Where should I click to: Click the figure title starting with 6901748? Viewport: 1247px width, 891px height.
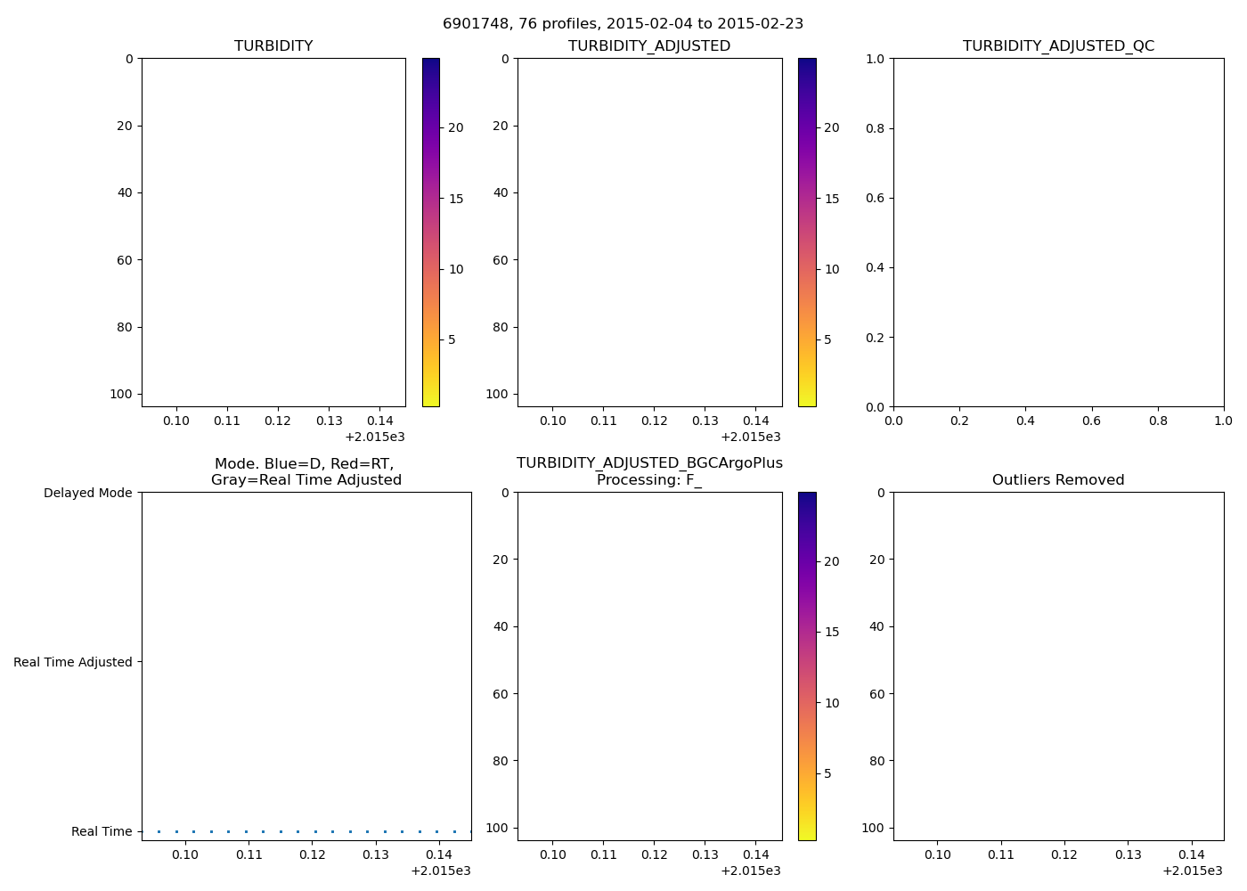click(x=623, y=23)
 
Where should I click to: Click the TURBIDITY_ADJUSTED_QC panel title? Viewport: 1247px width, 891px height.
click(x=1058, y=45)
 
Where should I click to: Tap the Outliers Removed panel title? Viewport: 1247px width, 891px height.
click(x=1058, y=479)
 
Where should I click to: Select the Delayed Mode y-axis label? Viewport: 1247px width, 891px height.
click(x=87, y=493)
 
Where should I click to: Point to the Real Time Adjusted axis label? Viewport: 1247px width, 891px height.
click(x=73, y=662)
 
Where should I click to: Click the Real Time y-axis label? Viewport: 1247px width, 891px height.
click(x=102, y=831)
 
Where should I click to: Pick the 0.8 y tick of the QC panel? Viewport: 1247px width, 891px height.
click(x=876, y=128)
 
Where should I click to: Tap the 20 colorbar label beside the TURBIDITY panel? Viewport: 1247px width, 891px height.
click(x=456, y=127)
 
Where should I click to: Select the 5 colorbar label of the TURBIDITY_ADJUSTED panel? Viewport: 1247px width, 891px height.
click(x=827, y=339)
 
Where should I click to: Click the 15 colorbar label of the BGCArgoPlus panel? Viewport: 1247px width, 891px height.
click(x=832, y=632)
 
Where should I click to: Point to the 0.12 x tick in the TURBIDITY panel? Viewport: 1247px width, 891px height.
click(x=278, y=421)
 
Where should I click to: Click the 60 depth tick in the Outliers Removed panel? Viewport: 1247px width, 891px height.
click(x=876, y=693)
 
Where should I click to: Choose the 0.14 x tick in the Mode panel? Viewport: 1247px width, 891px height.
click(x=439, y=854)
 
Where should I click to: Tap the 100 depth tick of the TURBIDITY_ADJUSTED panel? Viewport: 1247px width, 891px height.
click(x=496, y=394)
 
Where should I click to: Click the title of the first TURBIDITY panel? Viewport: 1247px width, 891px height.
click(x=273, y=45)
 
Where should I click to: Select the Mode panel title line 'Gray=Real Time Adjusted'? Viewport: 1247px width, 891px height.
click(x=306, y=479)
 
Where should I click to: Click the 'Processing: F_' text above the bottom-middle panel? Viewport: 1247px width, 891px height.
click(x=649, y=479)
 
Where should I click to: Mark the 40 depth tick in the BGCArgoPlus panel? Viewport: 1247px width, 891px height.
click(x=501, y=626)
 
